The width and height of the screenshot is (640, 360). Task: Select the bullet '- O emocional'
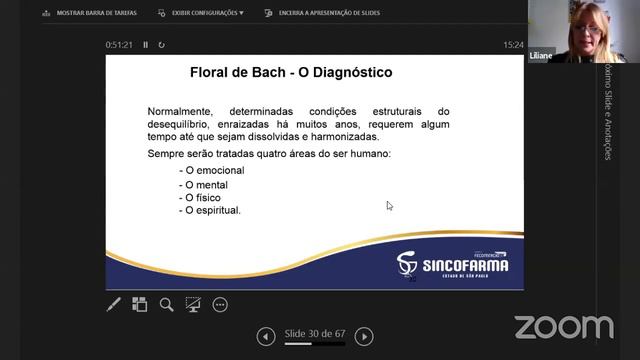click(x=212, y=170)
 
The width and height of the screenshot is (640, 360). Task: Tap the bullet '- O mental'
click(x=205, y=184)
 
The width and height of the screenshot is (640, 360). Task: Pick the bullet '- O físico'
click(x=203, y=198)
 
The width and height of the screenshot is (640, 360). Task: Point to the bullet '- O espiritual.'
click(x=211, y=211)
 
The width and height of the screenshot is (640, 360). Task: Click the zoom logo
click(x=563, y=326)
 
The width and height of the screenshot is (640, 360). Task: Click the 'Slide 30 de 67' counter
click(x=314, y=334)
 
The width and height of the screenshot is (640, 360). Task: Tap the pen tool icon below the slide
click(x=114, y=305)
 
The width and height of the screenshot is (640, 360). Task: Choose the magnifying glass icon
click(x=167, y=305)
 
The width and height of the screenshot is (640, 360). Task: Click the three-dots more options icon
click(x=220, y=305)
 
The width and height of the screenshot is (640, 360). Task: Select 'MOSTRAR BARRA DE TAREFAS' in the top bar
click(x=96, y=13)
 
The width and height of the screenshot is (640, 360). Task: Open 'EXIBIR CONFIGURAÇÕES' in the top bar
click(x=208, y=13)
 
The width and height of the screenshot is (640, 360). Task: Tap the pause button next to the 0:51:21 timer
click(x=146, y=45)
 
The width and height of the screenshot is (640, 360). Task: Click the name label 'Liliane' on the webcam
click(x=541, y=56)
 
